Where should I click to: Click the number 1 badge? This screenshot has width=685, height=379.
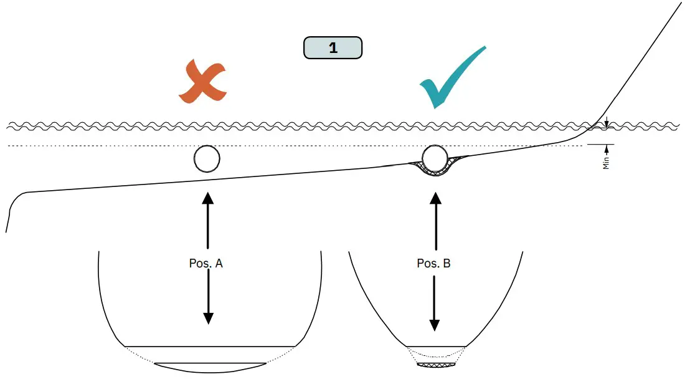333,48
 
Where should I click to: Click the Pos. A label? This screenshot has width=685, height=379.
206,263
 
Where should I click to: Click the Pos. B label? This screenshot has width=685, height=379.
433,263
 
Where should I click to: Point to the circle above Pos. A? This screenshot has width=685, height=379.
207,159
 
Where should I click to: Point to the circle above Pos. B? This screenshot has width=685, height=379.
435,158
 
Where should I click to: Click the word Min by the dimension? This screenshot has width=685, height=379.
606,163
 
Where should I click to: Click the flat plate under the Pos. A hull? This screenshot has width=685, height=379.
210,363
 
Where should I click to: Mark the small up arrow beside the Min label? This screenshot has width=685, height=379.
607,149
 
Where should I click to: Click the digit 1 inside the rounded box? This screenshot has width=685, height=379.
333,48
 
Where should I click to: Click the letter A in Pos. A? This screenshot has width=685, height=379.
219,263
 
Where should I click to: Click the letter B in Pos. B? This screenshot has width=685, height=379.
446,263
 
